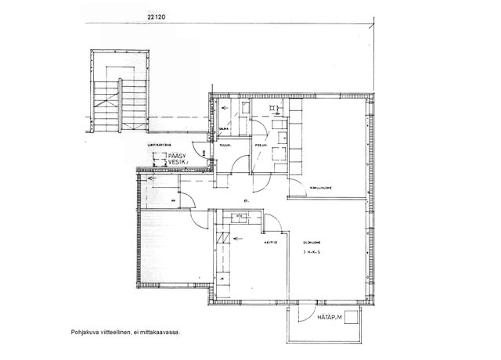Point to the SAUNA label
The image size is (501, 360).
[224, 129]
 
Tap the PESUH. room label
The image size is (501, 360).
[261, 145]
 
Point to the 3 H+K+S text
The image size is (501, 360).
[312, 254]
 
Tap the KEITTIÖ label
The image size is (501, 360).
[272, 244]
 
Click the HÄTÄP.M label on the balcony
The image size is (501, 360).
[326, 316]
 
